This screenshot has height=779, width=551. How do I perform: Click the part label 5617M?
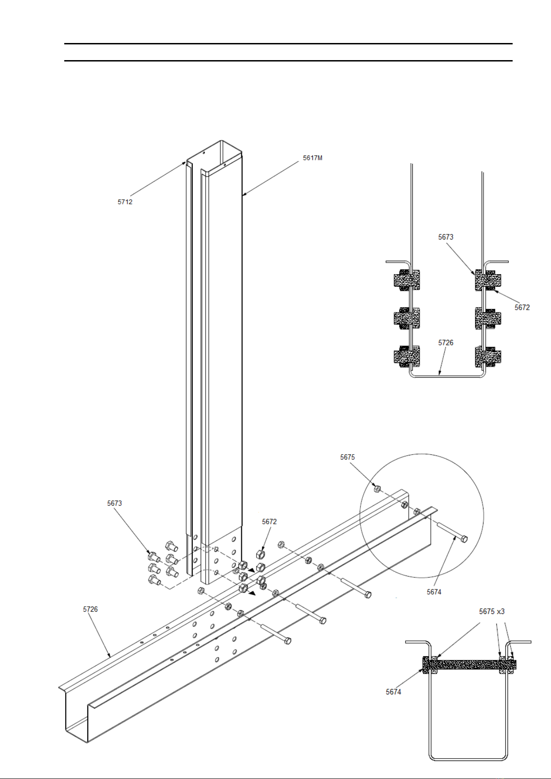[312, 158]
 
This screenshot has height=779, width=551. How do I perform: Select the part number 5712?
[125, 202]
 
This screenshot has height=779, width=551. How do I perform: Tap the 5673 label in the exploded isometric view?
[114, 503]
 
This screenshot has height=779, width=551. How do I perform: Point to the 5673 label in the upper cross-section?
[446, 237]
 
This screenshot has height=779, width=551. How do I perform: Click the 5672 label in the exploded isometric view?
[269, 521]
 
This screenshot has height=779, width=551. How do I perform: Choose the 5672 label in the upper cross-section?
[522, 307]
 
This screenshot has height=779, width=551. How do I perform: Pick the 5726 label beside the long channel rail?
[91, 609]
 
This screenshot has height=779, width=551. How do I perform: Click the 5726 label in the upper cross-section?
[446, 343]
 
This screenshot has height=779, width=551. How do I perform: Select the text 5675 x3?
[491, 611]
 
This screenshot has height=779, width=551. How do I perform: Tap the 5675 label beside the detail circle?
[347, 457]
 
